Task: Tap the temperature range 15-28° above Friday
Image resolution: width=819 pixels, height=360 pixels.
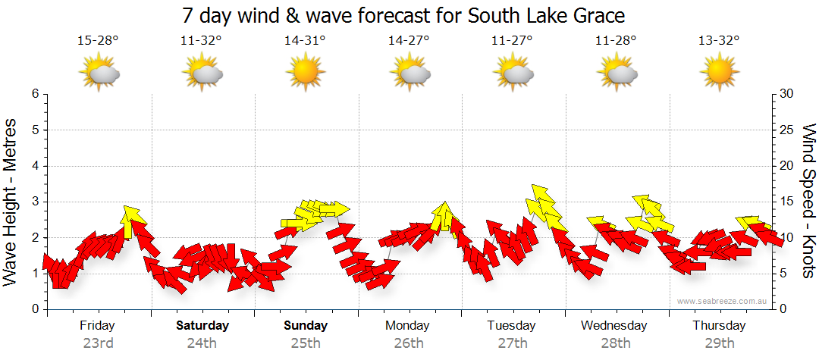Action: click(98, 41)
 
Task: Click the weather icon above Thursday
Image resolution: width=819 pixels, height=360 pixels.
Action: click(719, 73)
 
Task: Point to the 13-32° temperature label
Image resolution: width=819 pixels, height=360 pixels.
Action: click(719, 41)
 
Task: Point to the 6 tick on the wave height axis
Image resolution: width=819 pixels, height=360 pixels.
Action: click(35, 94)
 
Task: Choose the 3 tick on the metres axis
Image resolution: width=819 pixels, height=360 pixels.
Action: click(35, 202)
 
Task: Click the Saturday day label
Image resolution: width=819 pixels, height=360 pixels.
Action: click(202, 326)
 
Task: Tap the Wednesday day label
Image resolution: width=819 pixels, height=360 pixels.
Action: click(614, 326)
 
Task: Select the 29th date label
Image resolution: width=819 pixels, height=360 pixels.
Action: click(719, 343)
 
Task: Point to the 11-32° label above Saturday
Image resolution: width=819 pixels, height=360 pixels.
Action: click(202, 41)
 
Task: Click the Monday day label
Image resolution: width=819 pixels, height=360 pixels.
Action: click(408, 326)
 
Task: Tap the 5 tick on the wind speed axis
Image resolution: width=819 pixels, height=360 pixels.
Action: click(786, 274)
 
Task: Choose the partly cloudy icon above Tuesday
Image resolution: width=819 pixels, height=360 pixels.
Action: click(512, 73)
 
